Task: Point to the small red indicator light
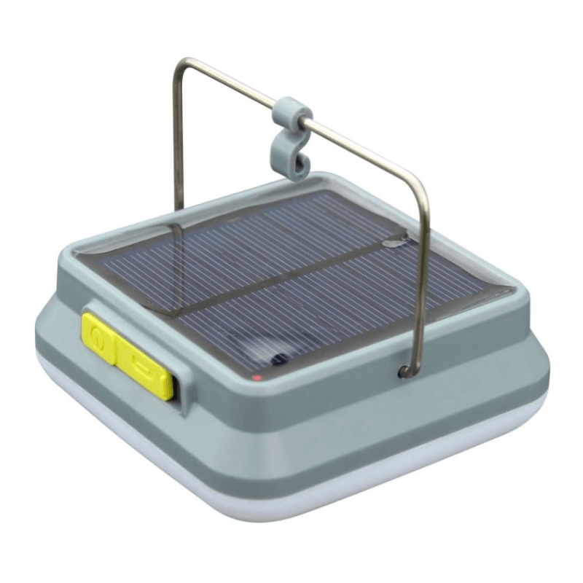click(x=257, y=379)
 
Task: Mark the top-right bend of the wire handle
click(x=418, y=182)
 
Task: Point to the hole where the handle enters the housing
click(x=403, y=372)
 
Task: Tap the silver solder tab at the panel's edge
click(x=394, y=240)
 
